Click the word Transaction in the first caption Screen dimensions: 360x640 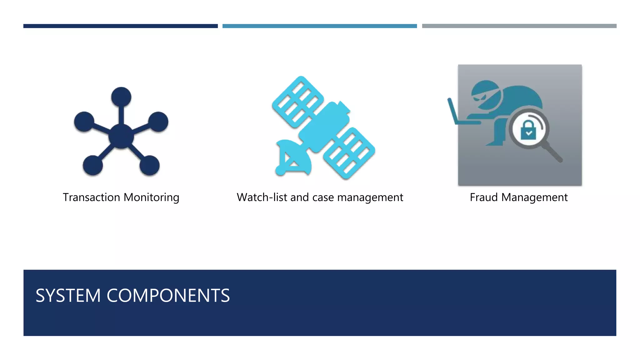click(x=91, y=197)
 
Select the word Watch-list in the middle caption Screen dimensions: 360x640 click(x=262, y=197)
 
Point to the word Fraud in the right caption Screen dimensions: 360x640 click(x=484, y=197)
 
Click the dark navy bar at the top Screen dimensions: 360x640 click(x=120, y=26)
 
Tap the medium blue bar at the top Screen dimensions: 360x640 click(x=319, y=26)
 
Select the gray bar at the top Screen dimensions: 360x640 click(x=519, y=26)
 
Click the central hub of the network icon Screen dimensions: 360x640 click(x=121, y=136)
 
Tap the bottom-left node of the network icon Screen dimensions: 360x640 click(x=93, y=165)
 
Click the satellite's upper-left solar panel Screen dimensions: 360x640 click(x=297, y=102)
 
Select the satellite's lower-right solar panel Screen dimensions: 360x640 click(x=349, y=153)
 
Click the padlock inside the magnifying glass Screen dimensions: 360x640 click(x=528, y=130)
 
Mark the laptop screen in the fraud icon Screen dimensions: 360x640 click(x=452, y=111)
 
